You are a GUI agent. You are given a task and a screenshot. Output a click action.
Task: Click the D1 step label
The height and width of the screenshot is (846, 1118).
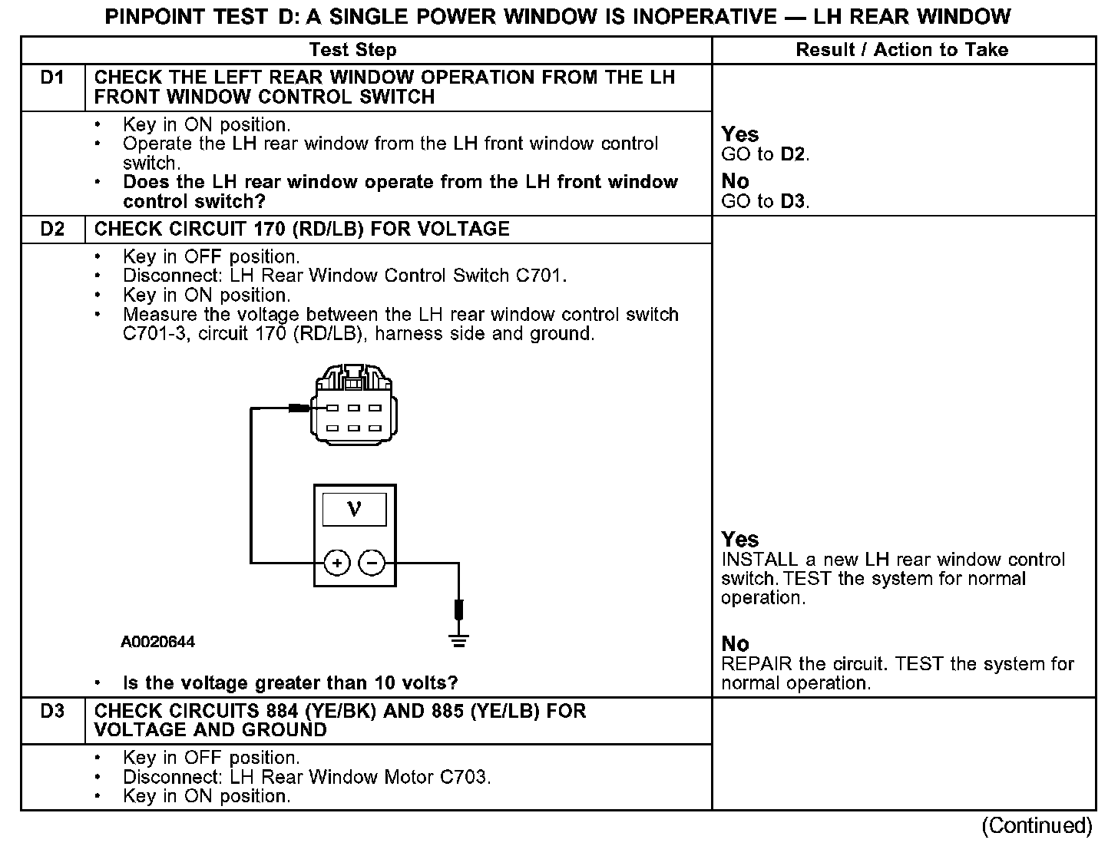click(52, 78)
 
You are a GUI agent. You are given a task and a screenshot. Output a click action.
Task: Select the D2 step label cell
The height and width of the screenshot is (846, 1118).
click(52, 230)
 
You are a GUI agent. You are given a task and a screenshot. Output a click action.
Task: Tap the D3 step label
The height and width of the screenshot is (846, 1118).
click(52, 712)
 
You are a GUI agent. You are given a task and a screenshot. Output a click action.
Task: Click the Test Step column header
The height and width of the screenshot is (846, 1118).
click(352, 51)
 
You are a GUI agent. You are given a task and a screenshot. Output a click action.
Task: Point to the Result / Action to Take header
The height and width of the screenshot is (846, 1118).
click(901, 51)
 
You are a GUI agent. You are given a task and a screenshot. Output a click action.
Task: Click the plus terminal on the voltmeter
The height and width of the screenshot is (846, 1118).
click(336, 563)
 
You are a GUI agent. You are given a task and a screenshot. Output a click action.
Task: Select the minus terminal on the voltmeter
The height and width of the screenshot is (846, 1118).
click(372, 563)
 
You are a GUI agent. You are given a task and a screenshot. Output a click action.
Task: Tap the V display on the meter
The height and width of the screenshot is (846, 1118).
click(354, 509)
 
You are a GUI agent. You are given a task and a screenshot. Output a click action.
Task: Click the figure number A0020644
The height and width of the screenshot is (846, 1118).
click(157, 642)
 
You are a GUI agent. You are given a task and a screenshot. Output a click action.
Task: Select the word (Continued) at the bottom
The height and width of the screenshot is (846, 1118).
click(1036, 825)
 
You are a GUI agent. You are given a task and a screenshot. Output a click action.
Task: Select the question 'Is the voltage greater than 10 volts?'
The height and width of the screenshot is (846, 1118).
click(289, 683)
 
